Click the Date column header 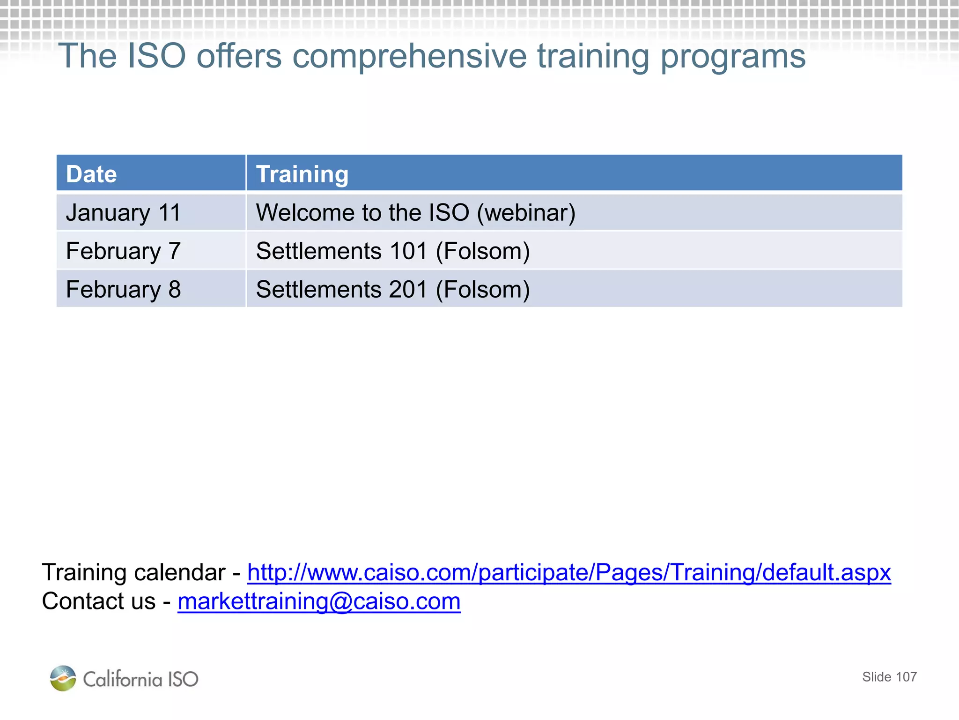click(91, 174)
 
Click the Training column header click(302, 174)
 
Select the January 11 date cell click(123, 213)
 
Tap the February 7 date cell click(123, 251)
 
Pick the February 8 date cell click(123, 289)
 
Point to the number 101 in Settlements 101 click(408, 251)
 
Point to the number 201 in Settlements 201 click(408, 289)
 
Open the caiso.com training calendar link click(568, 573)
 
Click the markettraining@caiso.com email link click(319, 601)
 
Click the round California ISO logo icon click(63, 678)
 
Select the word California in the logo click(122, 679)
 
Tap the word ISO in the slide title click(156, 56)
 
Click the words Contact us click(98, 601)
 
